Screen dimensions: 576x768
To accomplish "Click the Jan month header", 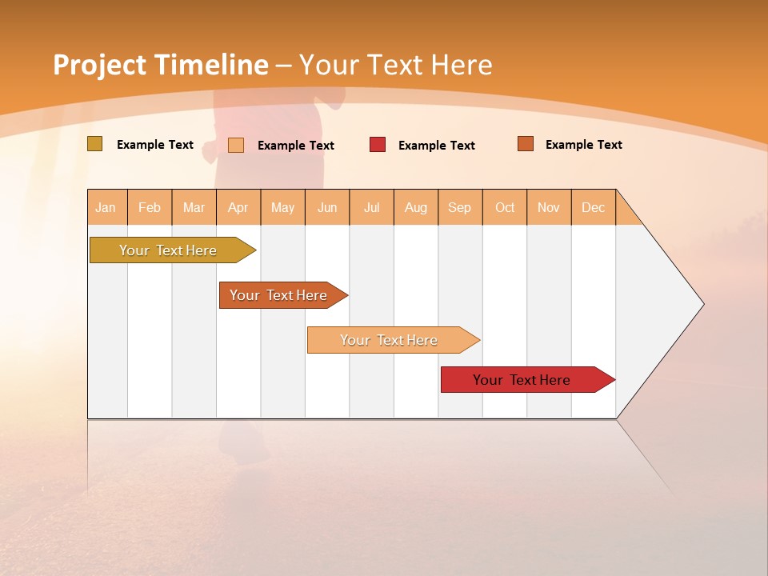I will coord(106,207).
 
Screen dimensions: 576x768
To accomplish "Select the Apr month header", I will coord(238,207).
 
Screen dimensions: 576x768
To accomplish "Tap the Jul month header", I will coord(371,207).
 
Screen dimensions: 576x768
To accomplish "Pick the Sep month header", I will coord(459,207).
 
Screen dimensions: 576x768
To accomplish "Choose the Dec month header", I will coord(593,207).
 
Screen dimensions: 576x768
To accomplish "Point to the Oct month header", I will coord(505,207).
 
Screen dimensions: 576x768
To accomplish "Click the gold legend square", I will coord(94,144).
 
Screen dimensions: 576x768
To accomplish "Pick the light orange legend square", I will coord(236,145).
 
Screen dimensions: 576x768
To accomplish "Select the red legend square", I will coord(378,145).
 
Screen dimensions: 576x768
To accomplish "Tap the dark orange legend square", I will coord(525,144).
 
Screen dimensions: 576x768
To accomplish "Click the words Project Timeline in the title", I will coord(161,65).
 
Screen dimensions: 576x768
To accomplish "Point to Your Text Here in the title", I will coord(396,65).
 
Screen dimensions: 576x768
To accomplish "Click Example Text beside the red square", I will coord(437,146).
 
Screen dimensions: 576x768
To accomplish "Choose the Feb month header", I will coord(150,207).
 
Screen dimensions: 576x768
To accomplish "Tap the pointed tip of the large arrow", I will coord(702,304).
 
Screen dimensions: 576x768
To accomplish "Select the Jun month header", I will coord(327,207).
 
